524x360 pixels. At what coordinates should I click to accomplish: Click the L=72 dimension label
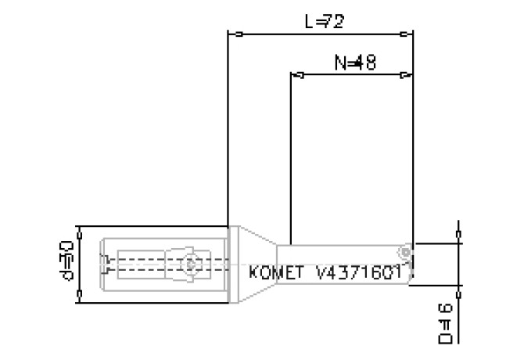pos(324,22)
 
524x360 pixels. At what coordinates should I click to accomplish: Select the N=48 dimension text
pos(355,63)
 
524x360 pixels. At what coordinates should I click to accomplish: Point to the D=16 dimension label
pos(447,322)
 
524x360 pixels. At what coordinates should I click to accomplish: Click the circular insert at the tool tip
pos(404,252)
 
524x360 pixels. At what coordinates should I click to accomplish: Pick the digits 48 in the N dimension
pos(366,63)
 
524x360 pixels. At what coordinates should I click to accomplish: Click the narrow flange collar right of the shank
pos(232,263)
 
